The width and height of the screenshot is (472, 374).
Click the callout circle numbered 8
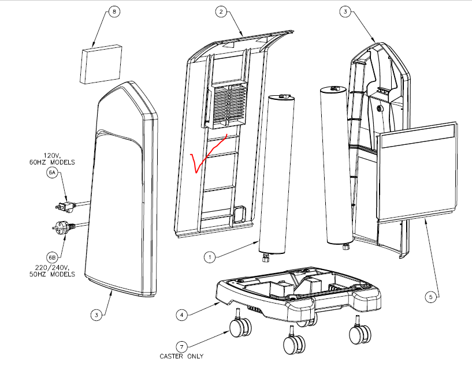[113, 13]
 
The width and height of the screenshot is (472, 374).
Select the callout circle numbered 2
[221, 12]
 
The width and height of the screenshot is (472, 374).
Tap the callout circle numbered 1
[210, 255]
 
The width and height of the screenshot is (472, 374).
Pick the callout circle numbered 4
[183, 315]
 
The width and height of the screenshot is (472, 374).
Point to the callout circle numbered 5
[430, 297]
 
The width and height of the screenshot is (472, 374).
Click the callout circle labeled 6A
[52, 173]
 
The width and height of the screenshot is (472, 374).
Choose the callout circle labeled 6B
[52, 257]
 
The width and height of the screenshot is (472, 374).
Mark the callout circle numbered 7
[183, 346]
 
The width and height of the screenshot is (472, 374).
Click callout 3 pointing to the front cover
[96, 315]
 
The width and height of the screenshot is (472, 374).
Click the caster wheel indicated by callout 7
[239, 328]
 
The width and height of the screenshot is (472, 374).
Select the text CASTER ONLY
[181, 356]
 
